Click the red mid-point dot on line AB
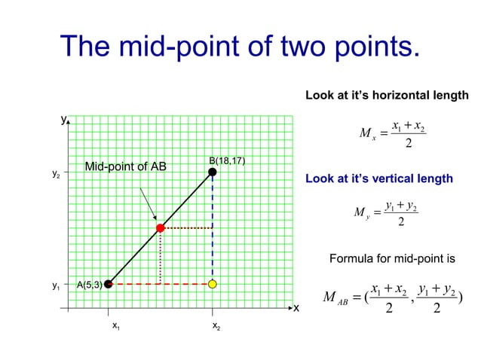[x=160, y=227]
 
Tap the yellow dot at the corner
[x=213, y=284]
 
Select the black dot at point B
[x=213, y=172]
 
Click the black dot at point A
[x=109, y=284]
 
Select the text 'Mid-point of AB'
[x=125, y=166]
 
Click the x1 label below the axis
[x=115, y=326]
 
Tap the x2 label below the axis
[x=216, y=326]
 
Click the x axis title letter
[x=296, y=308]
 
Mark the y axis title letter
[x=64, y=119]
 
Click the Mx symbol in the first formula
[x=367, y=134]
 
